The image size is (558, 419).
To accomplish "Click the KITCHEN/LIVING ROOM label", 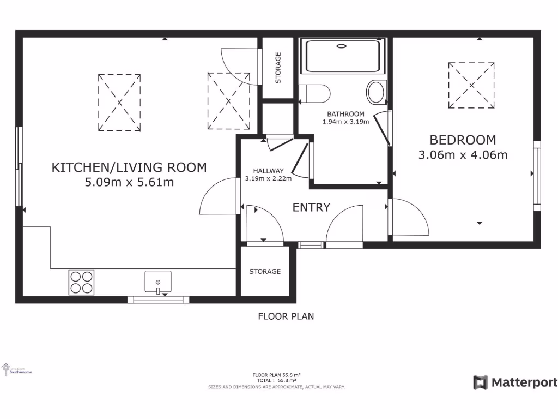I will coord(129,167).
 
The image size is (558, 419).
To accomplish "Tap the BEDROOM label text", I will coord(463,140).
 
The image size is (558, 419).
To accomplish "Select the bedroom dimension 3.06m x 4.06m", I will coord(463,155).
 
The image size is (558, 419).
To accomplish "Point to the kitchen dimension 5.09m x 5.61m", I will coord(129,182).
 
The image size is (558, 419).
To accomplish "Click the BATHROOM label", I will coord(345,114).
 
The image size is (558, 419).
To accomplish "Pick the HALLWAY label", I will coord(268,171).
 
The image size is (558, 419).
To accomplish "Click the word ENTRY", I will coord(311,207).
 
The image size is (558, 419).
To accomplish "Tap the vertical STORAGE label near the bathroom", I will coord(278,68).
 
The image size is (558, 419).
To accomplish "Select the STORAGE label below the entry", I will coord(265,271).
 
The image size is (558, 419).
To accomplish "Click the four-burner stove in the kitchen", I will coord(81,282).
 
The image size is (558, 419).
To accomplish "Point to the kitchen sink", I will coord(158,282).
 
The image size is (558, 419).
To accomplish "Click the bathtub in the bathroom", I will coord(342,55).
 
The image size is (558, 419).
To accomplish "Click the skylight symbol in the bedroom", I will coord(472,85).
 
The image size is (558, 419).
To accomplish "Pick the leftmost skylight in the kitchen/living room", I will coord(119,102).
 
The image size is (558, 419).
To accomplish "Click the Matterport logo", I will coord(515,382).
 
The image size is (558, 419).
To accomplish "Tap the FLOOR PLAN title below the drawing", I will coord(286,316).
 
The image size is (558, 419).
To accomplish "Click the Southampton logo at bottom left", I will coord(17,370).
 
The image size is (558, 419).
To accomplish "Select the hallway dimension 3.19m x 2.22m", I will coord(268,178).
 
